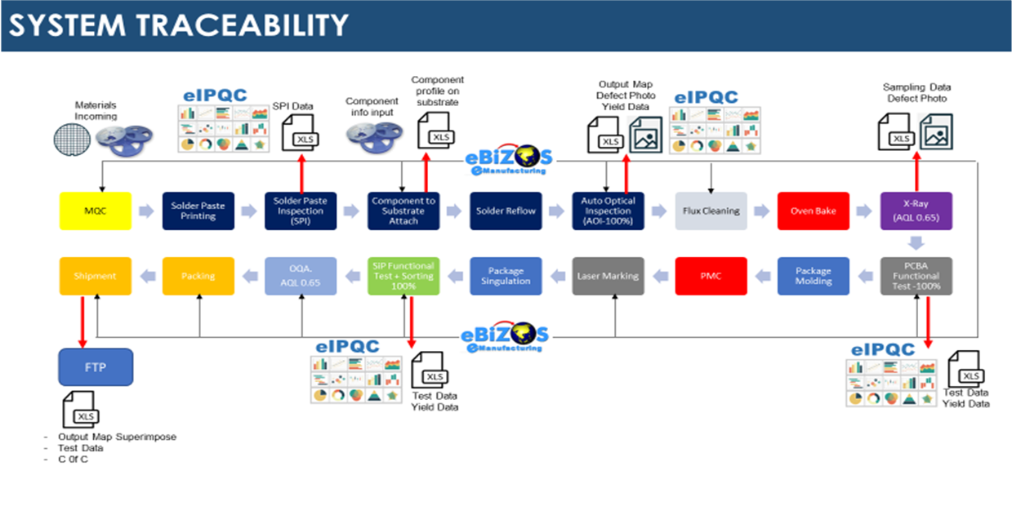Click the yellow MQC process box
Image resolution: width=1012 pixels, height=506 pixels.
coord(96,211)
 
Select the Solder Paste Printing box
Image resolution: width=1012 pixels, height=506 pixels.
coord(198,211)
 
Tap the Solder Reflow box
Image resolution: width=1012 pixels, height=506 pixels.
coord(506,211)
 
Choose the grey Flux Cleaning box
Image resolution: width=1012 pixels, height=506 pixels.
coord(711,211)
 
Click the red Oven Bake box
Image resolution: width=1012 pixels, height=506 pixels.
coord(814,211)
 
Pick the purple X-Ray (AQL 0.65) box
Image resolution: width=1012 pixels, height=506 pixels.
coord(916,211)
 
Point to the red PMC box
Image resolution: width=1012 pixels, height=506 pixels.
coord(711,277)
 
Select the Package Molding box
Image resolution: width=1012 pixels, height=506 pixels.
coord(814,277)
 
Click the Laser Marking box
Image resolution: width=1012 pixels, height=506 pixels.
coord(609,277)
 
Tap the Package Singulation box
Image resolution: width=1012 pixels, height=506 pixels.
coord(506,277)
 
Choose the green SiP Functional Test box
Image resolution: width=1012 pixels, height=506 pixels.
coord(403,277)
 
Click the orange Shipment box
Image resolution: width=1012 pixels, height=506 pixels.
coord(96,277)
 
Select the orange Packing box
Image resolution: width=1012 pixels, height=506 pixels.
coord(198,277)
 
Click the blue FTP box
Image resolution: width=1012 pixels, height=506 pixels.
coord(95,367)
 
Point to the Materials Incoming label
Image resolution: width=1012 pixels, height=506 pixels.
coord(96,110)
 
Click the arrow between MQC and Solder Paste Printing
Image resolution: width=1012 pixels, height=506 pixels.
coord(146,211)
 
